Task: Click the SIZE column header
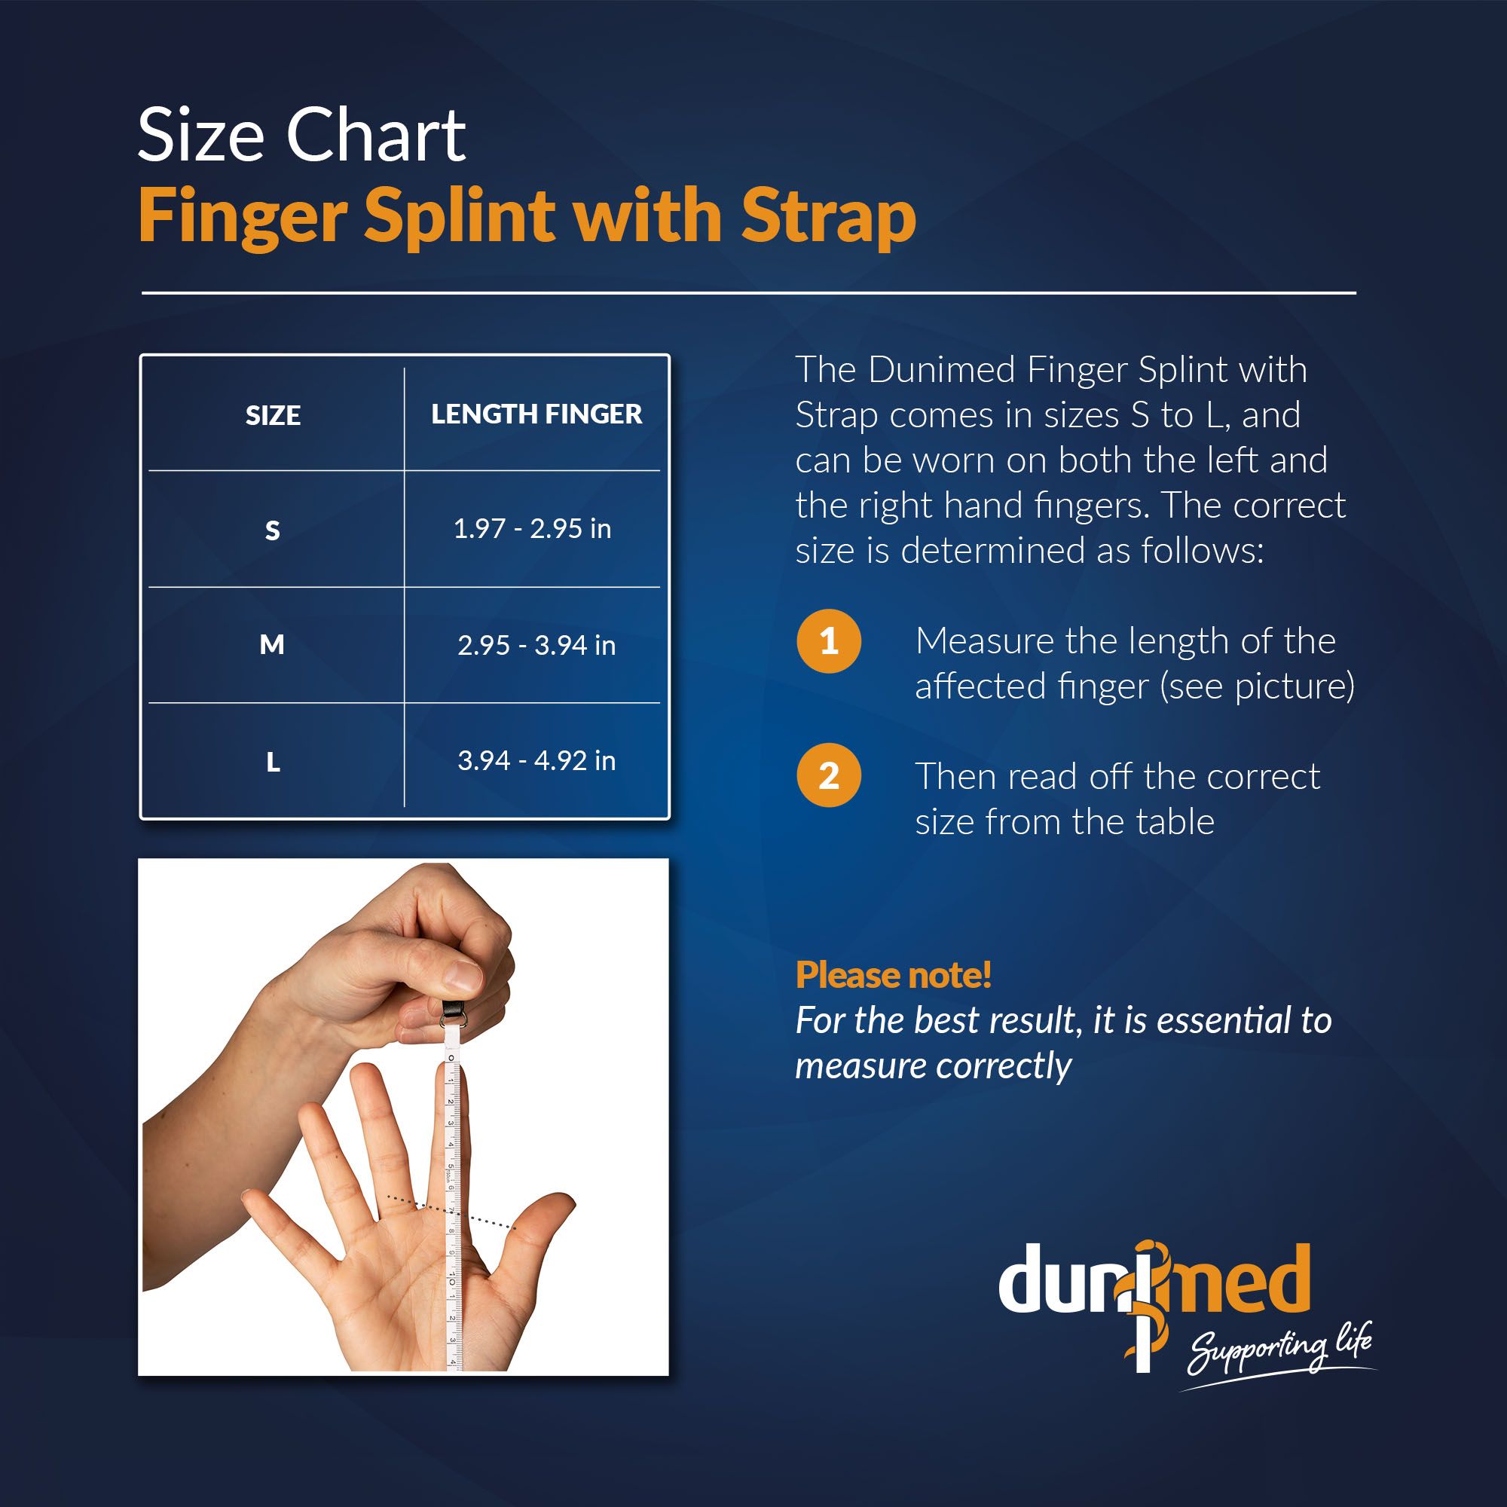point(273,415)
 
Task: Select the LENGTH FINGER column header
point(536,414)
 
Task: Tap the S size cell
point(272,530)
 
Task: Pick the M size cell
point(271,645)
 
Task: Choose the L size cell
point(273,762)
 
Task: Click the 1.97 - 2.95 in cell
point(532,529)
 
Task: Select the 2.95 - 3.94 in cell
point(536,645)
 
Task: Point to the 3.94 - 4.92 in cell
point(536,760)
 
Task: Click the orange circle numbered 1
point(828,641)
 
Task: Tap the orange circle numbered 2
point(828,776)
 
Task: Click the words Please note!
point(893,975)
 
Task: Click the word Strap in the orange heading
point(828,219)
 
